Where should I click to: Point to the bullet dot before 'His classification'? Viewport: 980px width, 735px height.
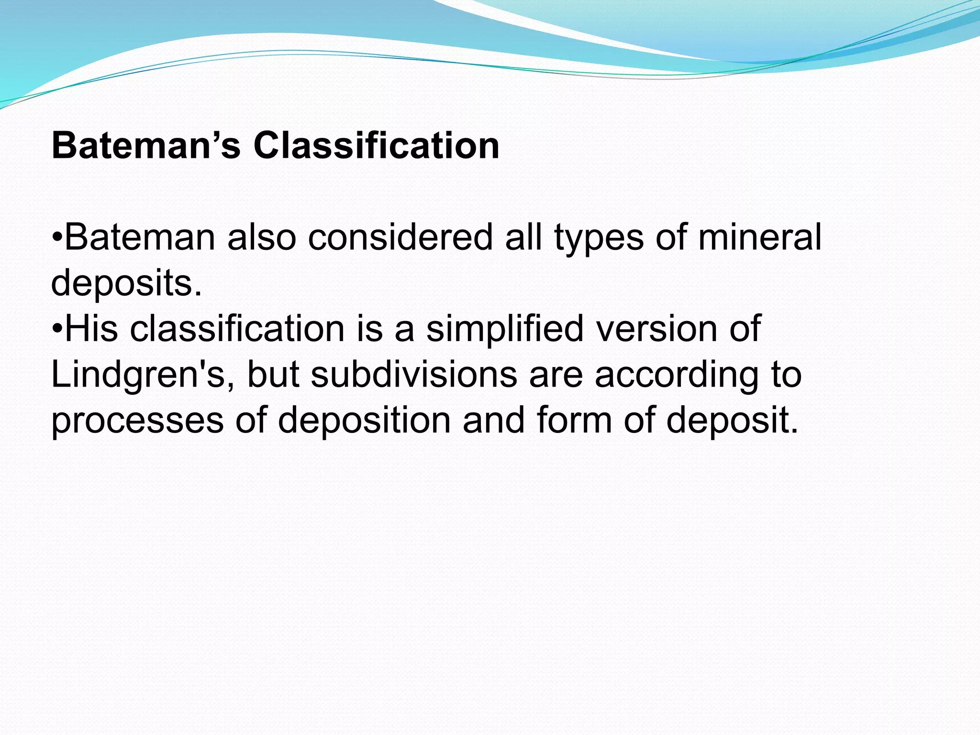click(x=57, y=329)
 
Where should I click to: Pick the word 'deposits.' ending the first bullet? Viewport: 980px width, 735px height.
click(x=126, y=283)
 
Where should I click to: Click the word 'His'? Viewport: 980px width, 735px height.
click(x=91, y=329)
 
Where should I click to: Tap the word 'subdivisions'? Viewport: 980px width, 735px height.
click(x=414, y=375)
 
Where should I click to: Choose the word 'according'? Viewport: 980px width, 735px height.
click(x=677, y=375)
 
